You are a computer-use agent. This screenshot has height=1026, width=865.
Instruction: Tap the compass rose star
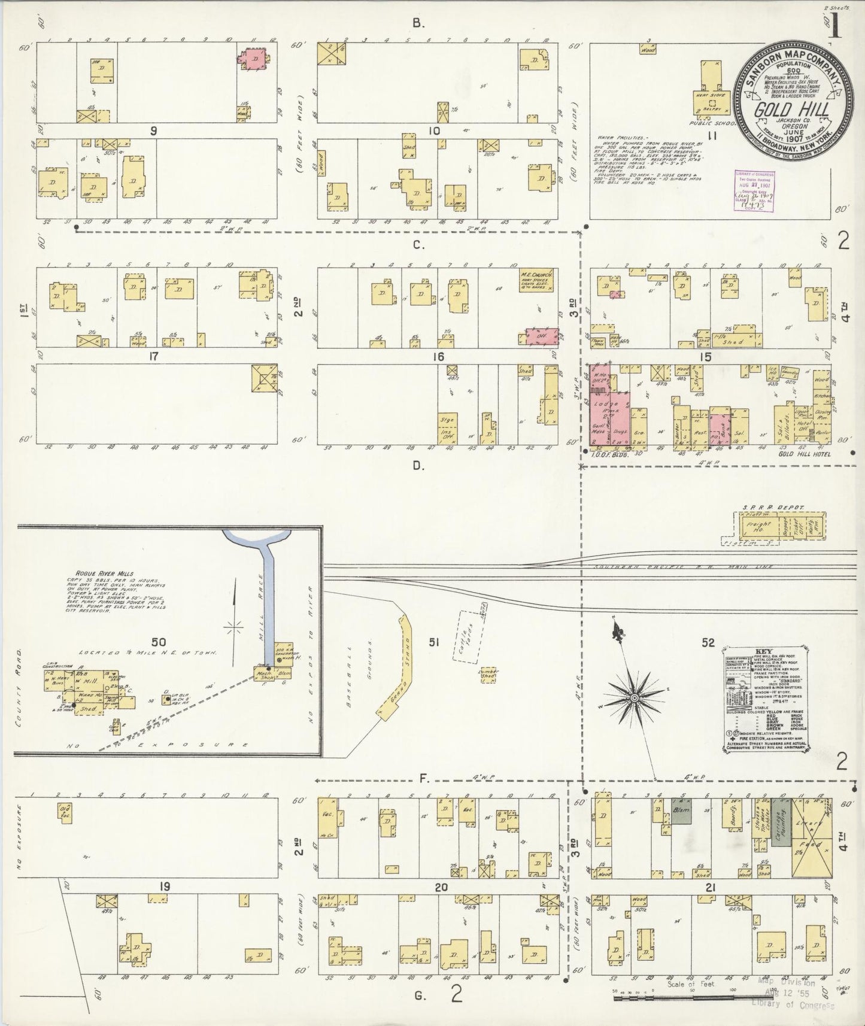(633, 698)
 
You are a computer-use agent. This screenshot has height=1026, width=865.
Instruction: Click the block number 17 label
(154, 357)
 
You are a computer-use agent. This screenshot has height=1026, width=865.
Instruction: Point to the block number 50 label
(158, 642)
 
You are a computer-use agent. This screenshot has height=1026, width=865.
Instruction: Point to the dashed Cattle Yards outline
(469, 635)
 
